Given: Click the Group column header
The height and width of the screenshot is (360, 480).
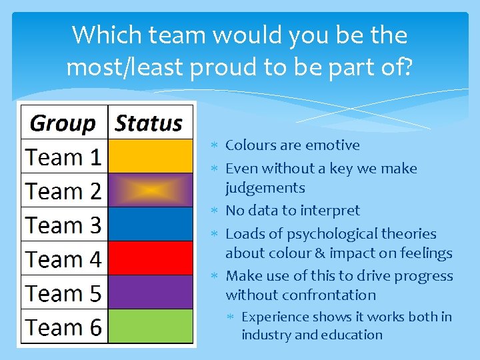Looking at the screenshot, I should click(63, 123).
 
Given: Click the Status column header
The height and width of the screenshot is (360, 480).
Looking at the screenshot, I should click(149, 123).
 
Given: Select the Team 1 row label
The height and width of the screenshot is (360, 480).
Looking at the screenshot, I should click(63, 157).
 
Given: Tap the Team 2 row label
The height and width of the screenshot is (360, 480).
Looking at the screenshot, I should click(63, 191).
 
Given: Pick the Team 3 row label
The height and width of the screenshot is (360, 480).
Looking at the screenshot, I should click(63, 225).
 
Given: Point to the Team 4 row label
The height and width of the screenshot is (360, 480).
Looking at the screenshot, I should click(63, 259).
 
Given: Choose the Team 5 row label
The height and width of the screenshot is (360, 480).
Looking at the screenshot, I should click(63, 293).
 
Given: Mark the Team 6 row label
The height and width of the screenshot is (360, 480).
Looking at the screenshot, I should click(63, 327).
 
